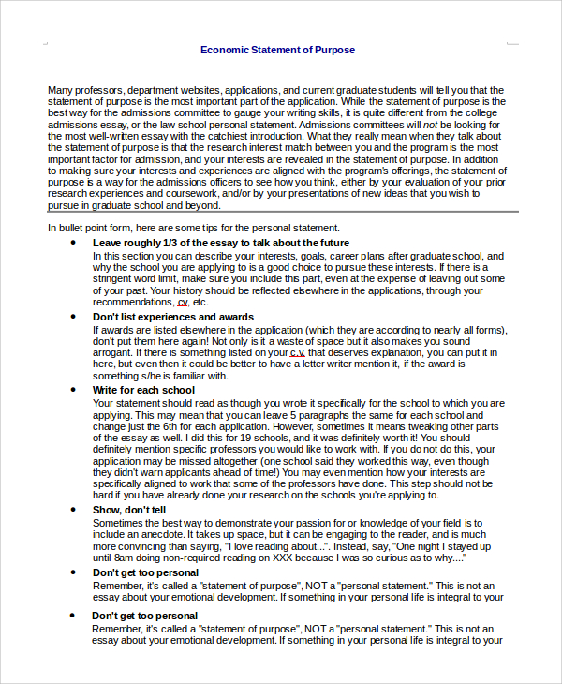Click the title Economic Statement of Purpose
[277, 50]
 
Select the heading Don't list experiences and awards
[173, 317]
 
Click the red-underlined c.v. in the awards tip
[297, 353]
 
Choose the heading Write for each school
[143, 390]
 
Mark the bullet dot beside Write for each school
[73, 390]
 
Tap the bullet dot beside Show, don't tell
[73, 510]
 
